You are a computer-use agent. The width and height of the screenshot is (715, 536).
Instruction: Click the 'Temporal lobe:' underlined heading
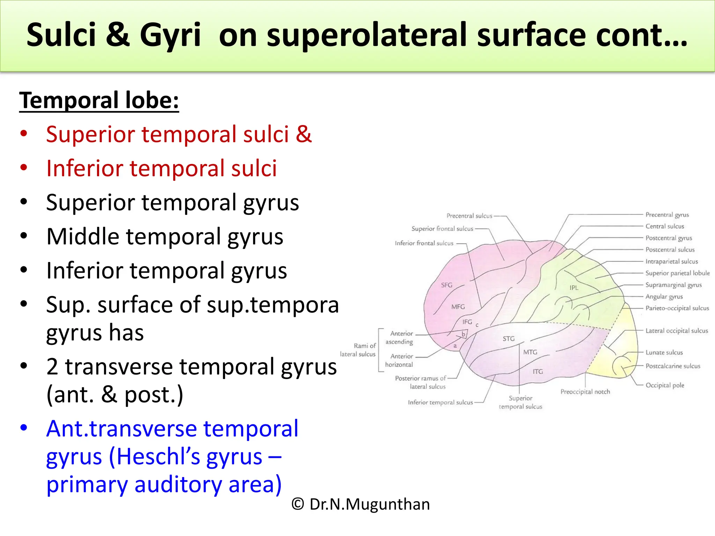[99, 100]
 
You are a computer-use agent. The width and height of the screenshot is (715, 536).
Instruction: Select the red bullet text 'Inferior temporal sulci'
[161, 168]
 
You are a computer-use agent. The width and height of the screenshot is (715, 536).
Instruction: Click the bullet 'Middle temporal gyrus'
[164, 237]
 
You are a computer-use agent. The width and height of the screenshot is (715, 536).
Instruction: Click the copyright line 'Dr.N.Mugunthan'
[361, 504]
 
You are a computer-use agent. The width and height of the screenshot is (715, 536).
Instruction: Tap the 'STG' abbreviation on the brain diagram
[508, 338]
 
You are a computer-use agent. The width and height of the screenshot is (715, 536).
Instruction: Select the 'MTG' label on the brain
[530, 352]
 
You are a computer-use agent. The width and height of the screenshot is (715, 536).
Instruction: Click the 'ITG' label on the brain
[538, 372]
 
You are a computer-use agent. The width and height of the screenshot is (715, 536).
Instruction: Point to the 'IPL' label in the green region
[574, 288]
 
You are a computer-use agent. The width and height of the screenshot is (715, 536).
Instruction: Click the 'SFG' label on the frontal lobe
[447, 285]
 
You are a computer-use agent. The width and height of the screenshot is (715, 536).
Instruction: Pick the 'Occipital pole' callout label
[665, 385]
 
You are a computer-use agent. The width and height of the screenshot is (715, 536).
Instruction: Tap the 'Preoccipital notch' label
[585, 392]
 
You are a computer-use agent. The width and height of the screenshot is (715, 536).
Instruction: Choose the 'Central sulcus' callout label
[665, 226]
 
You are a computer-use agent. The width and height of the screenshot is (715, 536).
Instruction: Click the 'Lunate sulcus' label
[664, 352]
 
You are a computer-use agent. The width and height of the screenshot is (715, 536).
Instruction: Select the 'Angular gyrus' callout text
[664, 297]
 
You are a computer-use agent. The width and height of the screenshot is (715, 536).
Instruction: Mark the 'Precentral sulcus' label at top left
[469, 216]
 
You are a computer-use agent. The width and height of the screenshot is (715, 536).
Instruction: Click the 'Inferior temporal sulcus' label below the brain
[440, 402]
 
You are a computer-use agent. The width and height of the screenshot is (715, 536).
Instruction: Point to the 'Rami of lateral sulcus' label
[358, 350]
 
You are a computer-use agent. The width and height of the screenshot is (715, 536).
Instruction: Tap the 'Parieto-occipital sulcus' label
[677, 308]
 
